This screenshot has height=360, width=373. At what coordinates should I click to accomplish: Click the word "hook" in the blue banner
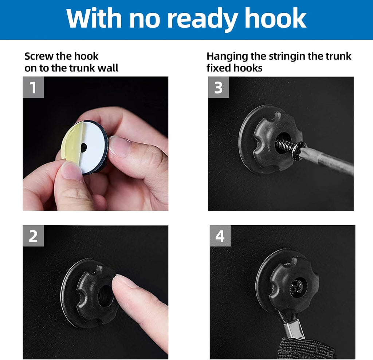point(275,18)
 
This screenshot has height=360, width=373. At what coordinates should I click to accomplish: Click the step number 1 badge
point(33,87)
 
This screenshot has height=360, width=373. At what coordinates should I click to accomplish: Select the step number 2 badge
point(33,236)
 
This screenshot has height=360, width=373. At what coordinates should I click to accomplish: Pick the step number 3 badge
point(219,87)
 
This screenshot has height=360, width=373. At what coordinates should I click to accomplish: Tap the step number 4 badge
point(220,236)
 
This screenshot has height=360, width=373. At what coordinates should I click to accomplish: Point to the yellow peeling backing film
point(70,144)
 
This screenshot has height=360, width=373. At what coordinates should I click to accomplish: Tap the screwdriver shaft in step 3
point(328,160)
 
